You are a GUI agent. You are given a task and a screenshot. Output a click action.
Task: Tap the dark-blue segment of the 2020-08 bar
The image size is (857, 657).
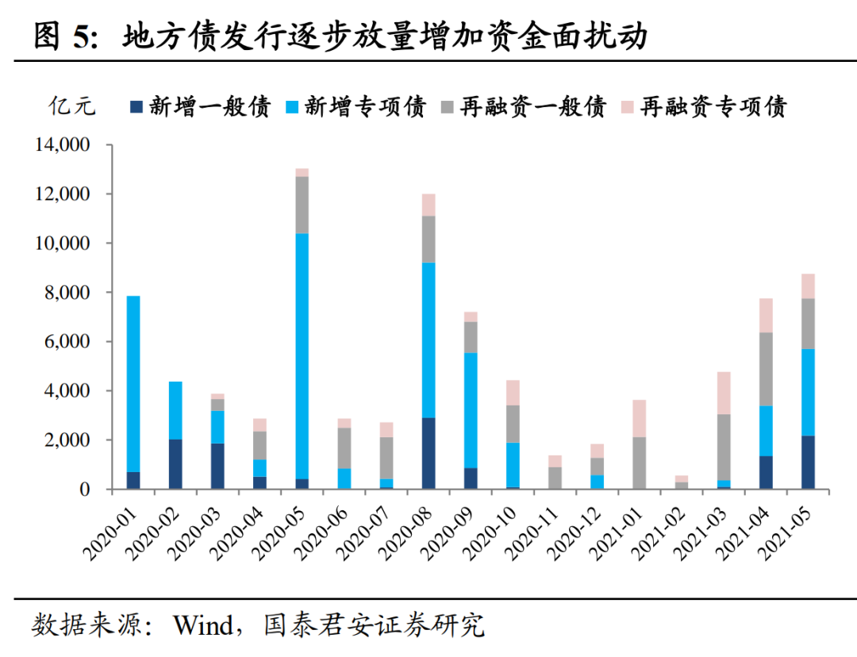428,453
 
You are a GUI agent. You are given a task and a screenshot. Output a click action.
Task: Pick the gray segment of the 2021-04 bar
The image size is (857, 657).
767,369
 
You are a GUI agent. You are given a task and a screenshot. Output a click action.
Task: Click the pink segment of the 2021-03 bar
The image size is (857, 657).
724,393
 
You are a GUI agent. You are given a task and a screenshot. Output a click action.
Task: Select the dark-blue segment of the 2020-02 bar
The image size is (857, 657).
175,463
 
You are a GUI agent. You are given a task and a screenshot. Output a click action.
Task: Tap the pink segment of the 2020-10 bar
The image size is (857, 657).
513,393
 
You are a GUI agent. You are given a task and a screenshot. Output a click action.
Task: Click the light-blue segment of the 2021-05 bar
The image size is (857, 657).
809,392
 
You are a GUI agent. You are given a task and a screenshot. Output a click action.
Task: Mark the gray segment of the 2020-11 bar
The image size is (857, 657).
555,478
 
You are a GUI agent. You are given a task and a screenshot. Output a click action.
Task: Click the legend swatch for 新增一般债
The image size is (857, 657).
136,106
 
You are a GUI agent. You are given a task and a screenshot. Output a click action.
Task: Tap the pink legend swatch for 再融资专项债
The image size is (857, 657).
627,106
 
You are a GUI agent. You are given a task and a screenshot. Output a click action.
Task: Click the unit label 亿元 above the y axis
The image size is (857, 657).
73,106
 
